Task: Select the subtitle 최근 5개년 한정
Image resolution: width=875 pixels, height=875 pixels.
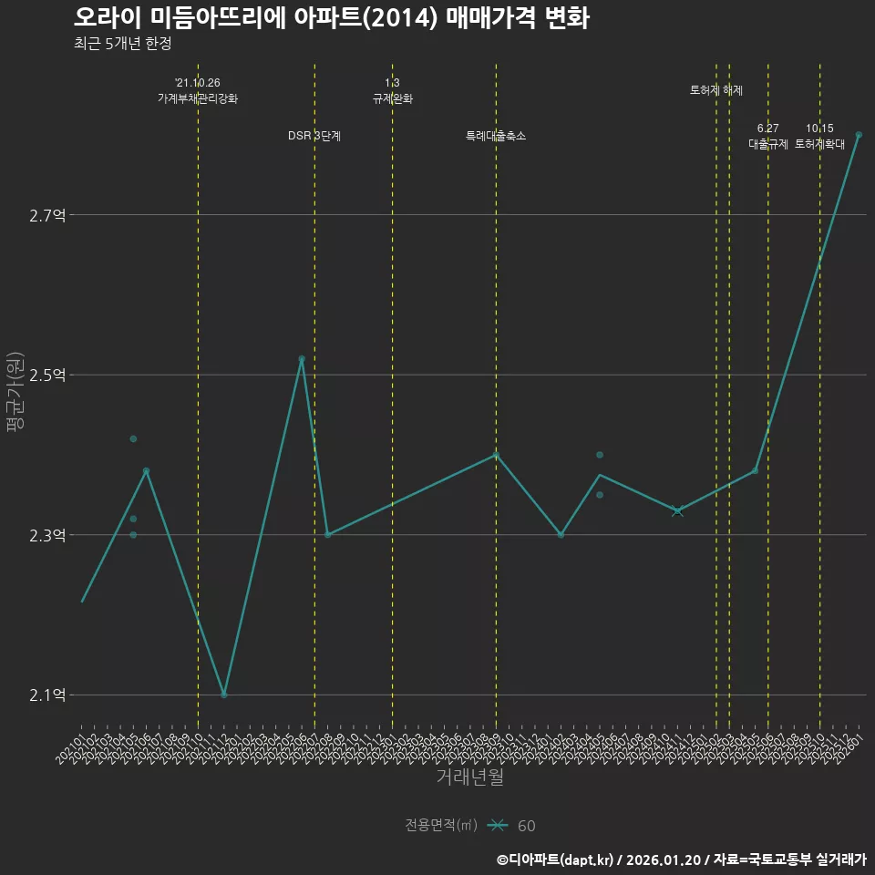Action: [122, 44]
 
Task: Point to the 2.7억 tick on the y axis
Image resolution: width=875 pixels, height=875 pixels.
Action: [47, 216]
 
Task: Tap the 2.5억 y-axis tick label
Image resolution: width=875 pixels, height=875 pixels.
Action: [47, 376]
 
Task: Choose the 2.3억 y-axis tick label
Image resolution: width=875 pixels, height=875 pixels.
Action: [47, 536]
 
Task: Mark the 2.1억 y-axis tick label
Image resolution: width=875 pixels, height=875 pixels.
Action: [47, 695]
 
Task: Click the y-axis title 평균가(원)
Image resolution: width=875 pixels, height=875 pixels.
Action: [15, 391]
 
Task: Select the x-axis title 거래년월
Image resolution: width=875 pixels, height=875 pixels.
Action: [469, 777]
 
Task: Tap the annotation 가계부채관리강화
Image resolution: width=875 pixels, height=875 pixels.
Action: [198, 98]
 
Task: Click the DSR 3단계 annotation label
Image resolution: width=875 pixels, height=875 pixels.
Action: [314, 136]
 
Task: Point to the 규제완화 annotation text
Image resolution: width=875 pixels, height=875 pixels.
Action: [393, 98]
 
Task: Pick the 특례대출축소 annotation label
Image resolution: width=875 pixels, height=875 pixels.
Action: [496, 136]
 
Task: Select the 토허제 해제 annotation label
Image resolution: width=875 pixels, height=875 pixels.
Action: [716, 90]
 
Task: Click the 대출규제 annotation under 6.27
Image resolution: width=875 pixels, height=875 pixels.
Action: [768, 144]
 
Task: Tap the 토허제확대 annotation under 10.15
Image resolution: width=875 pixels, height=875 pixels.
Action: [820, 144]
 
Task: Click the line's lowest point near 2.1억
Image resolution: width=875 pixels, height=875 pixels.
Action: [224, 695]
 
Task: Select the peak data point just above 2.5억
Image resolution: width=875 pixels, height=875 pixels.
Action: [302, 359]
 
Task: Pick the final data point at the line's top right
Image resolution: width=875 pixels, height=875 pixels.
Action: [859, 135]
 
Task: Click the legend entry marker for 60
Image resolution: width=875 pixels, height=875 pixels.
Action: [497, 826]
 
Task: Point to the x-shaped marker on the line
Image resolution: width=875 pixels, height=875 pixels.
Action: [677, 511]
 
